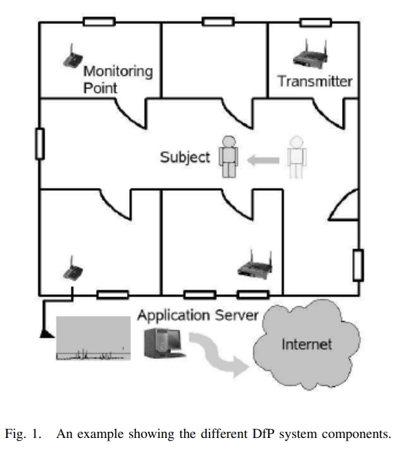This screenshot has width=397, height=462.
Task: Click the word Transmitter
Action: pos(315,81)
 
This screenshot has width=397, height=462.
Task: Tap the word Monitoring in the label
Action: pos(118,72)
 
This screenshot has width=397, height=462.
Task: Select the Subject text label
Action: pos(185,157)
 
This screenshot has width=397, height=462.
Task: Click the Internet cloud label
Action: pos(307,344)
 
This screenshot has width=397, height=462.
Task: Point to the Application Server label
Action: pos(198,316)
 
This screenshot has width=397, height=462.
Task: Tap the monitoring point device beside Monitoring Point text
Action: pos(73,57)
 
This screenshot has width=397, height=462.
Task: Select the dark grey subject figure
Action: pos(229,157)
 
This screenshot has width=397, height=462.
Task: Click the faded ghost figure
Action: pos(297,157)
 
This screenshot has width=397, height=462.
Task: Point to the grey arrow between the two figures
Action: pos(263,161)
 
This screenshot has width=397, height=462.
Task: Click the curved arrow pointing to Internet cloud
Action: pos(218,354)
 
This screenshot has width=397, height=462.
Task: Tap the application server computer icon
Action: pos(164,343)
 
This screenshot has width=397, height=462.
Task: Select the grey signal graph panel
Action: pos(93,338)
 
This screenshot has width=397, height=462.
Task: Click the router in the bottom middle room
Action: pos(255,265)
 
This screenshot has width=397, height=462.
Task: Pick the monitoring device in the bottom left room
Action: pos(73,268)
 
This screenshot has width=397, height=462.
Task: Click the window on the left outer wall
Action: pos(40,143)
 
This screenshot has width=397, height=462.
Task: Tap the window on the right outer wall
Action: pos(358,265)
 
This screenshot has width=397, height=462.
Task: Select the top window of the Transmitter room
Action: pos(316,23)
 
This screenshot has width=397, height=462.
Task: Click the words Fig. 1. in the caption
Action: pos(23,435)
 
